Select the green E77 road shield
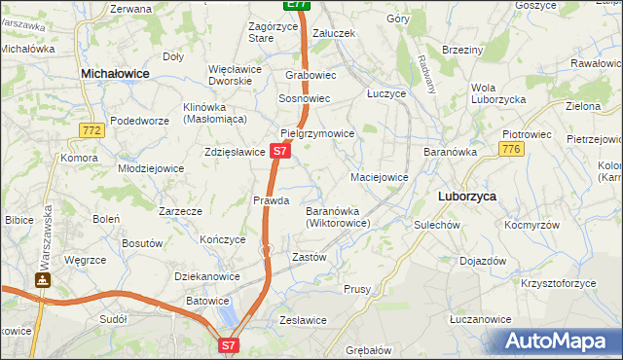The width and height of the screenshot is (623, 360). click(298, 5)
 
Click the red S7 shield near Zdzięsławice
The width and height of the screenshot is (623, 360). click(279, 151)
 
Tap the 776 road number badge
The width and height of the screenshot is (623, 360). click(511, 148)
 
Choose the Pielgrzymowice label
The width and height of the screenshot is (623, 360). click(316, 133)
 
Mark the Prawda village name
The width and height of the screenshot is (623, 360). click(272, 200)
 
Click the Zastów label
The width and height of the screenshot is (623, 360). click(309, 257)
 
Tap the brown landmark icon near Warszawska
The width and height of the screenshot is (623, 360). click(43, 280)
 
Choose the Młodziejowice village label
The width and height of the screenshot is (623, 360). click(151, 167)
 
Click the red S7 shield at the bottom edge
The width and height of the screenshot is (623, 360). click(228, 344)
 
